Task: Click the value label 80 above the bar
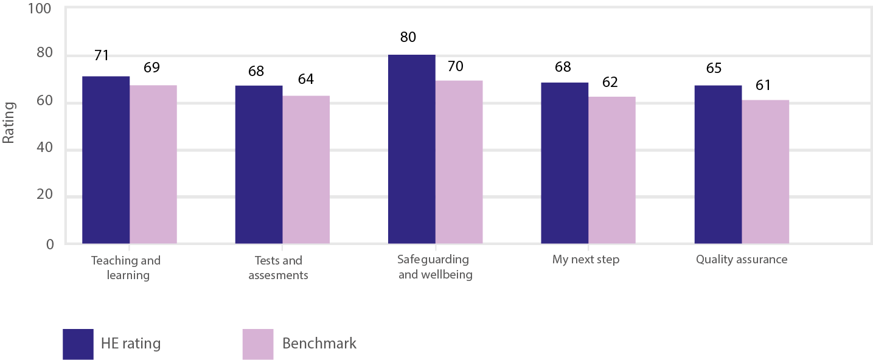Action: [408, 37]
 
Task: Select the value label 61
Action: [762, 85]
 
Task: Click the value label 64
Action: [305, 80]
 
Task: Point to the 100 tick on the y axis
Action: [40, 10]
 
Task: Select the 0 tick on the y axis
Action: [50, 244]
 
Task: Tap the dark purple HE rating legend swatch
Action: [78, 344]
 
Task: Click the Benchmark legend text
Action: [319, 344]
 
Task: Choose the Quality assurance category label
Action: [741, 260]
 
